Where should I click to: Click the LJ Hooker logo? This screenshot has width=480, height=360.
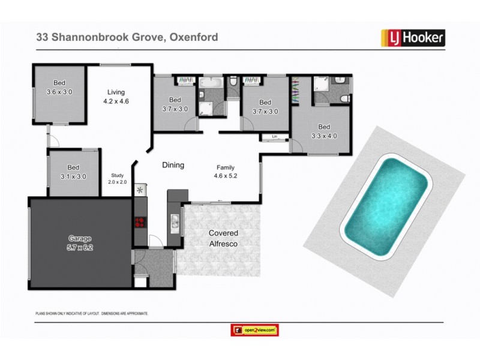pyautogui.click(x=413, y=38)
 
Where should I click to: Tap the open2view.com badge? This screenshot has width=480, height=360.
pyautogui.click(x=255, y=330)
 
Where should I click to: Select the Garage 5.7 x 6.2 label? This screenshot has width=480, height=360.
pyautogui.click(x=80, y=242)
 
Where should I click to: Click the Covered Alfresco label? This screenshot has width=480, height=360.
pyautogui.click(x=223, y=238)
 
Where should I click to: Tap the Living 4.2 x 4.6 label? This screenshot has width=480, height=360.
pyautogui.click(x=116, y=97)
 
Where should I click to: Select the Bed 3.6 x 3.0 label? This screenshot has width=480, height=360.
pyautogui.click(x=59, y=88)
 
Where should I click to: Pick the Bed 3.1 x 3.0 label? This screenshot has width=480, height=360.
pyautogui.click(x=73, y=172)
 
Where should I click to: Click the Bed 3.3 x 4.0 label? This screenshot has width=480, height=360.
pyautogui.click(x=324, y=131)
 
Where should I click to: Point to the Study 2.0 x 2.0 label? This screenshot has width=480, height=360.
pyautogui.click(x=117, y=178)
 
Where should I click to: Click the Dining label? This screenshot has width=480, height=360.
pyautogui.click(x=173, y=165)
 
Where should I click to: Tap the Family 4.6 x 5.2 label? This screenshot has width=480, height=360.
pyautogui.click(x=226, y=172)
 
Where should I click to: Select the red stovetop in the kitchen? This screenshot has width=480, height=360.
pyautogui.click(x=139, y=222)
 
